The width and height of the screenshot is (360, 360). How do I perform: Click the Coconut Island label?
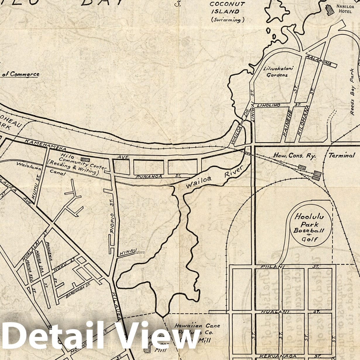[224, 8]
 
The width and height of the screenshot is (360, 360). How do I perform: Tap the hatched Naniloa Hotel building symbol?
[330, 10]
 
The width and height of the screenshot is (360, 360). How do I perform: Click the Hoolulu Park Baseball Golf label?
[309, 228]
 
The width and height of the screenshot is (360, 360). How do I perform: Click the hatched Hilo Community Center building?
[85, 160]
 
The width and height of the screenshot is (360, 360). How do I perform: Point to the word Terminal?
[341, 156]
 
